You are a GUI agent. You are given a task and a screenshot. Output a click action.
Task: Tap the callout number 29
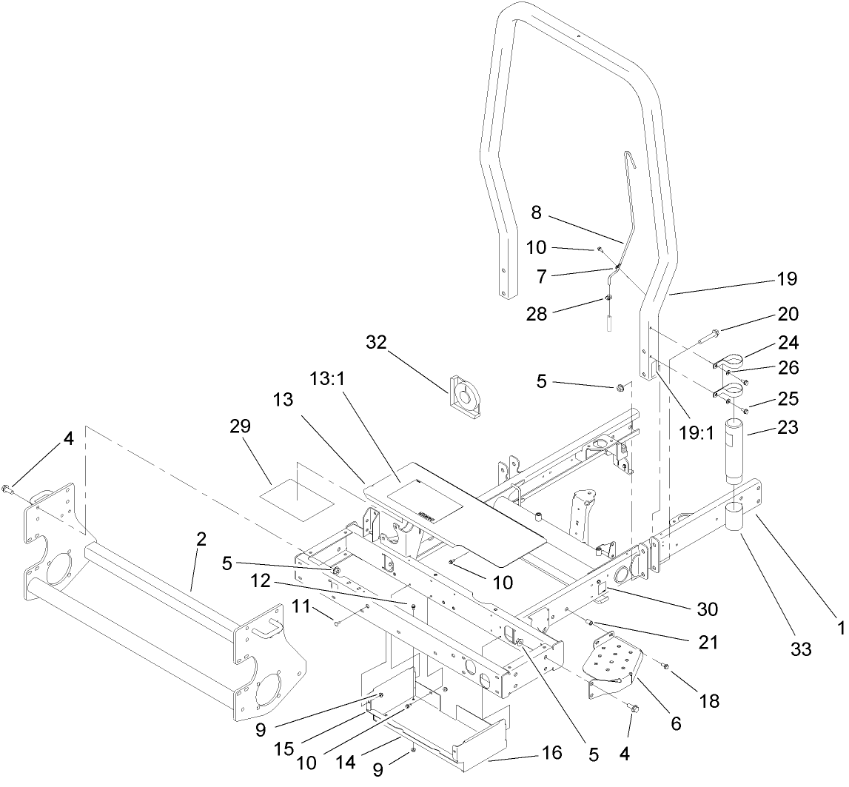(241, 426)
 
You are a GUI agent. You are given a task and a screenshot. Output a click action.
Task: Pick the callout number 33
(799, 650)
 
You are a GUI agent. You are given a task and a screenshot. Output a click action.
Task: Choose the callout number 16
(552, 753)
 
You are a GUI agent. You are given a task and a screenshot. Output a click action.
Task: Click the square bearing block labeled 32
(466, 398)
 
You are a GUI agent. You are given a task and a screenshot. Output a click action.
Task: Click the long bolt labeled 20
(703, 341)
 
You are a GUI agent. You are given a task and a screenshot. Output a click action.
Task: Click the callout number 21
(708, 643)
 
